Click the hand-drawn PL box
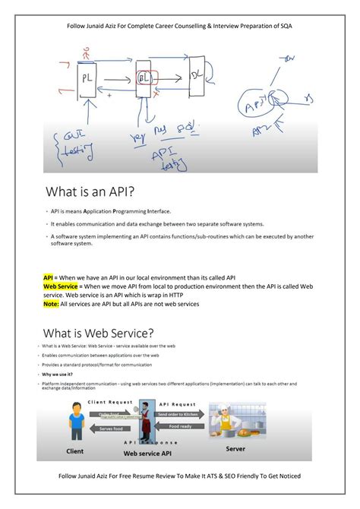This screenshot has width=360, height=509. click(x=88, y=77)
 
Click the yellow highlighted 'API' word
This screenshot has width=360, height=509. click(x=48, y=278)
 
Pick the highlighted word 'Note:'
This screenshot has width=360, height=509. click(x=52, y=304)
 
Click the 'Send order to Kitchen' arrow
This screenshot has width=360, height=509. click(x=182, y=415)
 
